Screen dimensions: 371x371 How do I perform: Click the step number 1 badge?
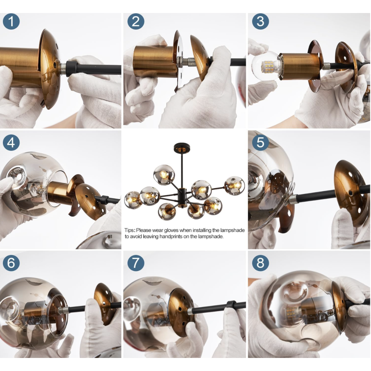point(11,21)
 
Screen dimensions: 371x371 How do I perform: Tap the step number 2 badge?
point(136,21)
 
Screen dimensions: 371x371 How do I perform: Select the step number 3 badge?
point(260,21)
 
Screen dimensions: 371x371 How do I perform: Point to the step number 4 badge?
point(11,143)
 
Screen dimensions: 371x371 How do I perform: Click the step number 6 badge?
point(11,263)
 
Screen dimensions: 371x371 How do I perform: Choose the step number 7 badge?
point(136,263)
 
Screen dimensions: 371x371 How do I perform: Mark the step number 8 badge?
point(260,263)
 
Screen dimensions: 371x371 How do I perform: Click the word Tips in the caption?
point(129,230)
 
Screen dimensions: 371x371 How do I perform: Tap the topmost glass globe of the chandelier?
point(164,175)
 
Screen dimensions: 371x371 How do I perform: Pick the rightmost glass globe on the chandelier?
point(234,186)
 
